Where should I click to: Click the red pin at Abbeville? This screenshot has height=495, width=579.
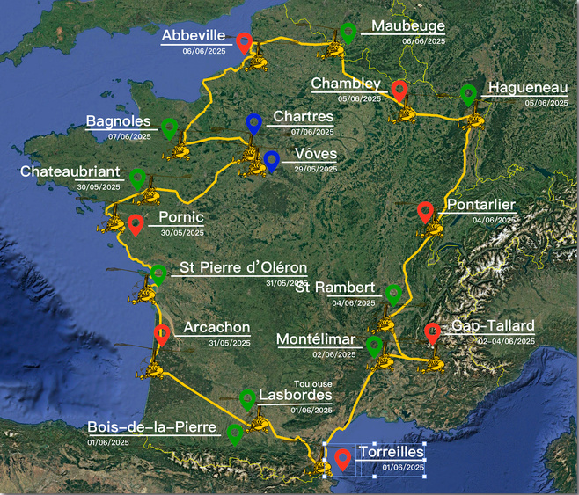coord(245,40)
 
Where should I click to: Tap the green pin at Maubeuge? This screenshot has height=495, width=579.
coord(348,32)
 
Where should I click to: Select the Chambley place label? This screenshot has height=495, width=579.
coord(346,84)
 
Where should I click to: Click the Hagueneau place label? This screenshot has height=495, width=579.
coord(528,88)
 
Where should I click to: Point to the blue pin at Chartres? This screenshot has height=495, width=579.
coord(254,122)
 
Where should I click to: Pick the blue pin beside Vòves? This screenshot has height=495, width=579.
coord(272,160)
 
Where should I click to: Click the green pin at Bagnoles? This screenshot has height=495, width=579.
coord(170,127)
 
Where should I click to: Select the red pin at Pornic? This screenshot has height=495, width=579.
coord(136,223)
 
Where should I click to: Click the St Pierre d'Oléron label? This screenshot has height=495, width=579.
coord(243,267)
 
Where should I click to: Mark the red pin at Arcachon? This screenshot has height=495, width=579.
coord(161,334)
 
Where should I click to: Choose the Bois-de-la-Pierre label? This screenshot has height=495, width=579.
coord(151,427)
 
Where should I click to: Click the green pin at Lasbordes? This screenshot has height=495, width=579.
coord(248,399)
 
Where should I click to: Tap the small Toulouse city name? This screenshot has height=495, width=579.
coord(313,384)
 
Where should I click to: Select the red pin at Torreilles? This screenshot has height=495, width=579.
coord(342,458)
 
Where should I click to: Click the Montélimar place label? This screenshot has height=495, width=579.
coord(315,339)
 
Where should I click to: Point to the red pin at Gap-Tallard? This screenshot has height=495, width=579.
coord(432,332)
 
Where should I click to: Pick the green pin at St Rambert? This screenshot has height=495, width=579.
coord(393,294)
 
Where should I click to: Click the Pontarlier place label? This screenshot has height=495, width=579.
coord(480,206)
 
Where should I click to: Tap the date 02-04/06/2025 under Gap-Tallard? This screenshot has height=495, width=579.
coord(506,341)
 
